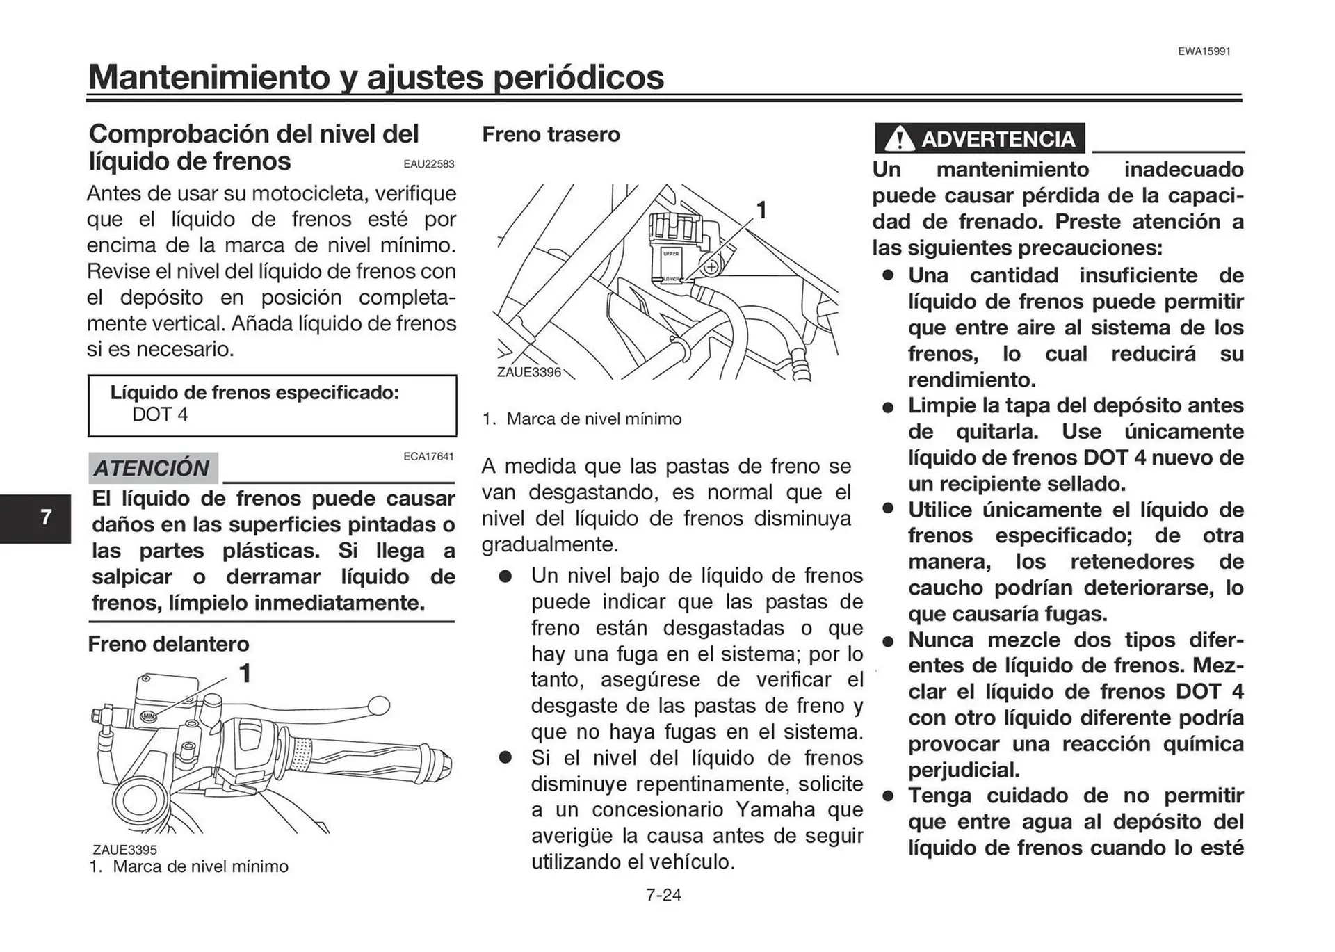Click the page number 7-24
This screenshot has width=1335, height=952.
coord(663,895)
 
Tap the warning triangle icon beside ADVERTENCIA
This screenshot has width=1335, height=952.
coord(900,139)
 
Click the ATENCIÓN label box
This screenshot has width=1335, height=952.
coord(153,468)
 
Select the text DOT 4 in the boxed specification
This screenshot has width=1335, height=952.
coord(160,414)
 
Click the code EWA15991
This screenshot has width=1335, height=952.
coord(1204,51)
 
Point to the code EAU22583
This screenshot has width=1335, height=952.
coord(428,164)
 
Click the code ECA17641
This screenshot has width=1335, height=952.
coord(428,457)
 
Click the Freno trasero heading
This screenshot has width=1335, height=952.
coord(551,134)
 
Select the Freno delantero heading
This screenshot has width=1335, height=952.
coord(168,644)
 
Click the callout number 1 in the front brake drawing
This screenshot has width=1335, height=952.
coord(245,673)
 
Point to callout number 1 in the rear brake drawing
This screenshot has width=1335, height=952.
coord(761,210)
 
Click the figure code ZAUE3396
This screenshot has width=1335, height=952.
coord(528,372)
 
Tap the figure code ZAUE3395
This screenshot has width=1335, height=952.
coord(125,850)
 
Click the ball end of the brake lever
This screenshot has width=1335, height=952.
coord(379,706)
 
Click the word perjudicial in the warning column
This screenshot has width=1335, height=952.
coord(963,770)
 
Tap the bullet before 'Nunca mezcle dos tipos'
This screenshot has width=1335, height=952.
coord(888,641)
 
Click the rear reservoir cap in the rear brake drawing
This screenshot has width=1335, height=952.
coord(673,227)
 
